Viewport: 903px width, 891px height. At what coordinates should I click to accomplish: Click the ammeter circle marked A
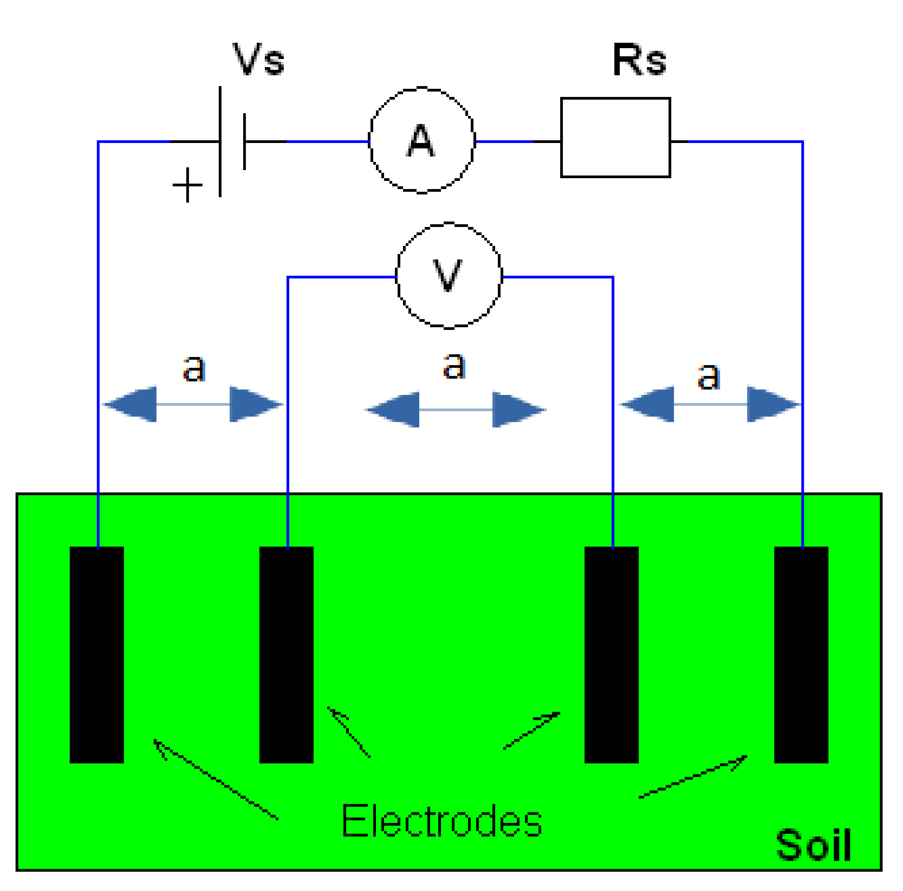coord(421,140)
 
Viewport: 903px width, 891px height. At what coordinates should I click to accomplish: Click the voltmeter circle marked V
coord(449,276)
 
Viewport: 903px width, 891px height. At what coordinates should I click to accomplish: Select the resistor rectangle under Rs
coord(615,138)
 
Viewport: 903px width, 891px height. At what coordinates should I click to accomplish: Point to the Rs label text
coord(639,60)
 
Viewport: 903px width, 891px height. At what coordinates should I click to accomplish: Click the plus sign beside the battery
coord(187,185)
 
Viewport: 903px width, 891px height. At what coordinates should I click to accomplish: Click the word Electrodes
coord(441,821)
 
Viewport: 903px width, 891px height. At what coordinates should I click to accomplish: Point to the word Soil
coord(813,845)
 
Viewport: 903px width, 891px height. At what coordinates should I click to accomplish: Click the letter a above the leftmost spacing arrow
coord(194,368)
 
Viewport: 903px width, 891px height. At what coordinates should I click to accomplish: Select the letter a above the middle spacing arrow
coord(454,366)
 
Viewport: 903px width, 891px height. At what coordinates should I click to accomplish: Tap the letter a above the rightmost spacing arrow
coord(709,376)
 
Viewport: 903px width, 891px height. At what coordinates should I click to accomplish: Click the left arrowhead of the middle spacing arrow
coord(394,409)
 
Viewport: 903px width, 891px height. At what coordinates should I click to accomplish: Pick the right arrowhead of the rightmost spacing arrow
coord(772,404)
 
